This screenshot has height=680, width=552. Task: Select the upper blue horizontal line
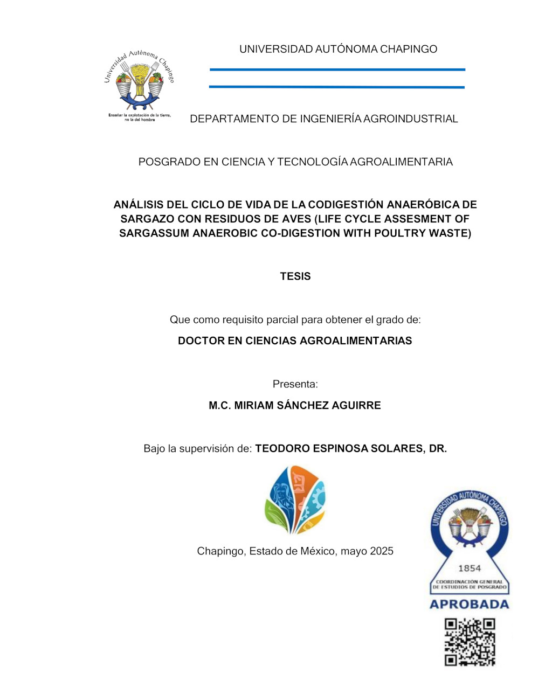pyautogui.click(x=337, y=70)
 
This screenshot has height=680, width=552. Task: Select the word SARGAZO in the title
pyautogui.click(x=142, y=219)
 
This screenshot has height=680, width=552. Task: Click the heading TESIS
pyautogui.click(x=295, y=276)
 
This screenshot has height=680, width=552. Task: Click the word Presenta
pyautogui.click(x=295, y=384)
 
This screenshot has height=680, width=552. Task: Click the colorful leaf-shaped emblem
pyautogui.click(x=295, y=499)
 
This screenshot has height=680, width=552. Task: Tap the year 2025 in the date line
pyautogui.click(x=382, y=551)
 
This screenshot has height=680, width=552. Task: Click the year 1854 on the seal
pyautogui.click(x=469, y=568)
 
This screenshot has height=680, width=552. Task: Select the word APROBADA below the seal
pyautogui.click(x=469, y=605)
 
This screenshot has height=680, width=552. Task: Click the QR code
pyautogui.click(x=470, y=642)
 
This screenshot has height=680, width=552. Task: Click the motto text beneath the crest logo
pyautogui.click(x=140, y=117)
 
